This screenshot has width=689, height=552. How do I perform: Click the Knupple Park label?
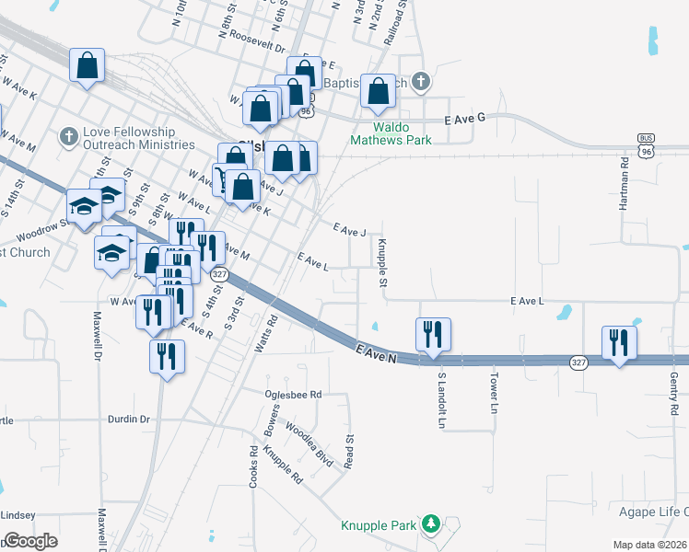click(x=380, y=525)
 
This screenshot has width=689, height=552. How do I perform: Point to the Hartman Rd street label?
click(x=624, y=184)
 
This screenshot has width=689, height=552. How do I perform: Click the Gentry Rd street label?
click(x=674, y=392)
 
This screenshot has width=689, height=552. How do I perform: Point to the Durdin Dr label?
click(x=130, y=419)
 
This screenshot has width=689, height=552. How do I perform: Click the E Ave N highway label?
click(x=376, y=351)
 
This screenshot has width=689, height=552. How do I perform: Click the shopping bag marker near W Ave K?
click(x=87, y=66)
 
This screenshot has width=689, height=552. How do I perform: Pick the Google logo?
click(x=29, y=541)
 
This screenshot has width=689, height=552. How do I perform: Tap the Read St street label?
click(x=349, y=451)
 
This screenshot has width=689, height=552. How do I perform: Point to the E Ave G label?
click(x=463, y=120)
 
